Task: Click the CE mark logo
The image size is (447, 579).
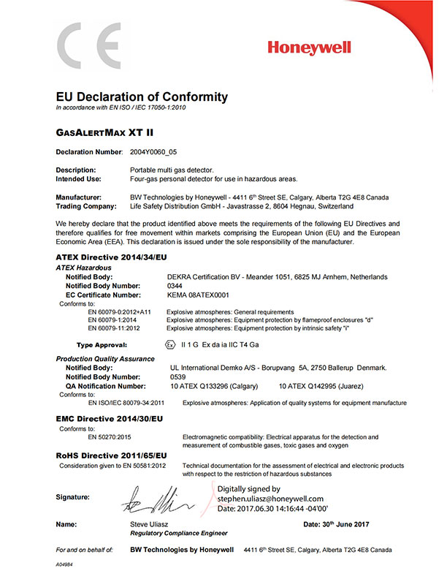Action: (89, 45)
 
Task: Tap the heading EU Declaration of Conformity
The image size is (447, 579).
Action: (142, 97)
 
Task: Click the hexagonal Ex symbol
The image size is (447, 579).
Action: (170, 342)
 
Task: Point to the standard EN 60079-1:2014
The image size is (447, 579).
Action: (114, 320)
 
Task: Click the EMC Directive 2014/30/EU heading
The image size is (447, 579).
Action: (110, 420)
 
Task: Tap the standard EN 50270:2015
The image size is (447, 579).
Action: (112, 437)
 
